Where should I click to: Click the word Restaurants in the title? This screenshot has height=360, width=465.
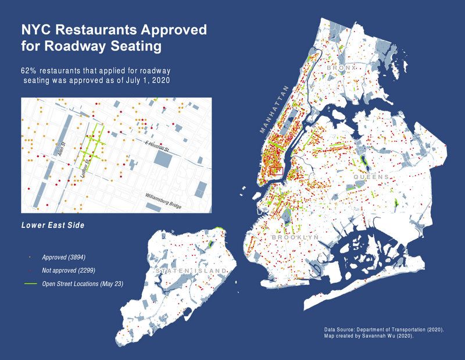[99, 30]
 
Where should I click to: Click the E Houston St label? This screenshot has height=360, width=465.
[156, 147]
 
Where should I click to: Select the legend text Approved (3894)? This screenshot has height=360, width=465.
[67, 256]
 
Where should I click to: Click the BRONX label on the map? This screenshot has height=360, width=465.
[340, 69]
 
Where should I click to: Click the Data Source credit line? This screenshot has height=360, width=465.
[384, 330]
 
